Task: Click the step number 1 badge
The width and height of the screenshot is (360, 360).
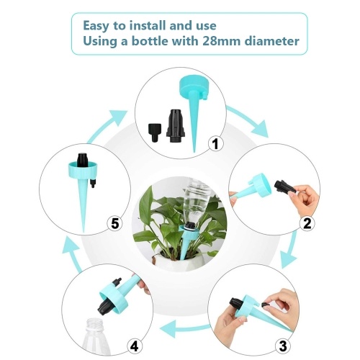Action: [215, 144]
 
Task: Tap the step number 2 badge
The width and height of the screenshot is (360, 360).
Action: [307, 223]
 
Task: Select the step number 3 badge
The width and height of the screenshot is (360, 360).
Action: [283, 346]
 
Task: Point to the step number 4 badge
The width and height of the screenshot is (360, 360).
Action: [135, 346]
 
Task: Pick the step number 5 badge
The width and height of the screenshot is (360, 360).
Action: [114, 224]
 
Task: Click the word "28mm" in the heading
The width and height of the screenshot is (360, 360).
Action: [221, 41]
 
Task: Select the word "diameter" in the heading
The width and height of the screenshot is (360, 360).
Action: [271, 41]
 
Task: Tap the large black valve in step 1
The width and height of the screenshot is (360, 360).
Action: [176, 126]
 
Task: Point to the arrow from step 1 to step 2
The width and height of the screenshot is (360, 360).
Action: [250, 120]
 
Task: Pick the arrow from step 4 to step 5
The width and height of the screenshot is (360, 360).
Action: [72, 254]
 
